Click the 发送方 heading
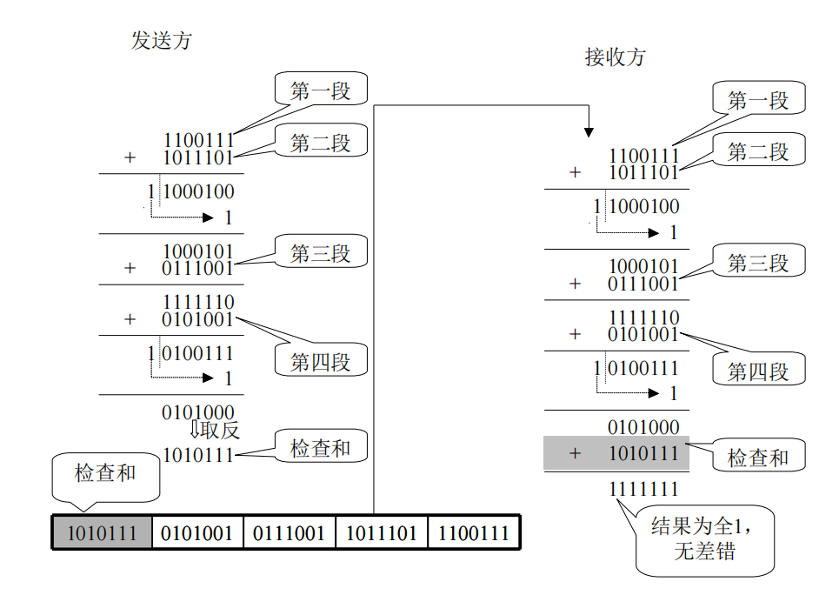[x=161, y=40]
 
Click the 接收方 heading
[x=616, y=57]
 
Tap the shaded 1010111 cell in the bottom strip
[x=102, y=532]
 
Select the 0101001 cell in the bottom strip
[x=197, y=532]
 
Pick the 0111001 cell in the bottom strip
[x=290, y=532]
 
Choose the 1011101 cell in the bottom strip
[x=382, y=532]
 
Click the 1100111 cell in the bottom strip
[x=474, y=532]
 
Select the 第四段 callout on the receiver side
[x=758, y=371]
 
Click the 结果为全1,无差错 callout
[x=704, y=539]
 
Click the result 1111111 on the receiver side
[x=643, y=489]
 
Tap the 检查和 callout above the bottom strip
[x=105, y=474]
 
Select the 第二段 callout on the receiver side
[x=758, y=151]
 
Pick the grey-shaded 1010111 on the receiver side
[x=643, y=453]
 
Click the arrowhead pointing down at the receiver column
[x=589, y=131]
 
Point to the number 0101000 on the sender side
[x=197, y=411]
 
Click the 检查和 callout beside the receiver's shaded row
[x=758, y=457]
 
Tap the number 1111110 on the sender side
[x=197, y=302]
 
